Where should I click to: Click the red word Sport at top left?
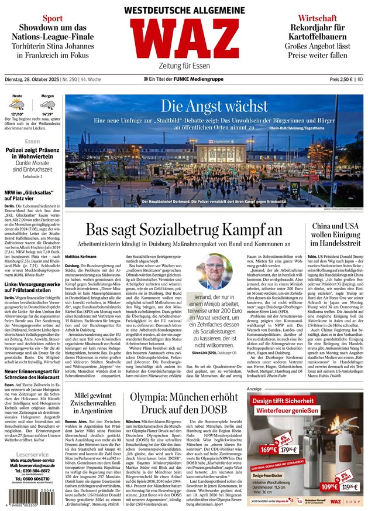click(x=52, y=19)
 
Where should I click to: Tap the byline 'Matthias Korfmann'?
click(x=82, y=256)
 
